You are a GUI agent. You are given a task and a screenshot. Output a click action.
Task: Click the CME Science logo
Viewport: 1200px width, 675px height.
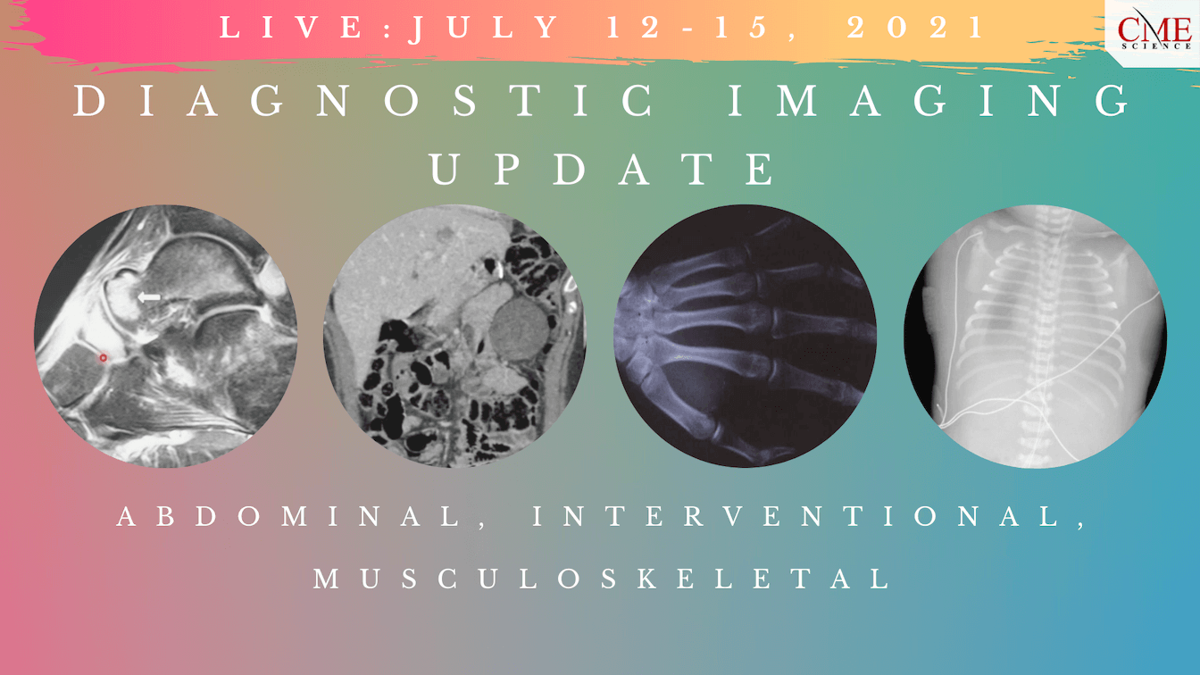pos(1154,30)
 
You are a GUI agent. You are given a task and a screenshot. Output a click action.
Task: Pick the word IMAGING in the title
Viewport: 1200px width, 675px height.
pos(929,102)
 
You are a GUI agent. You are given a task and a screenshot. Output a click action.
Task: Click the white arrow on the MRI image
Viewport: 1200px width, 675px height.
pos(149,296)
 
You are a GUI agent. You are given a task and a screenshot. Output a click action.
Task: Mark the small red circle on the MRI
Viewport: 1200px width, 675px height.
pos(103,358)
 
